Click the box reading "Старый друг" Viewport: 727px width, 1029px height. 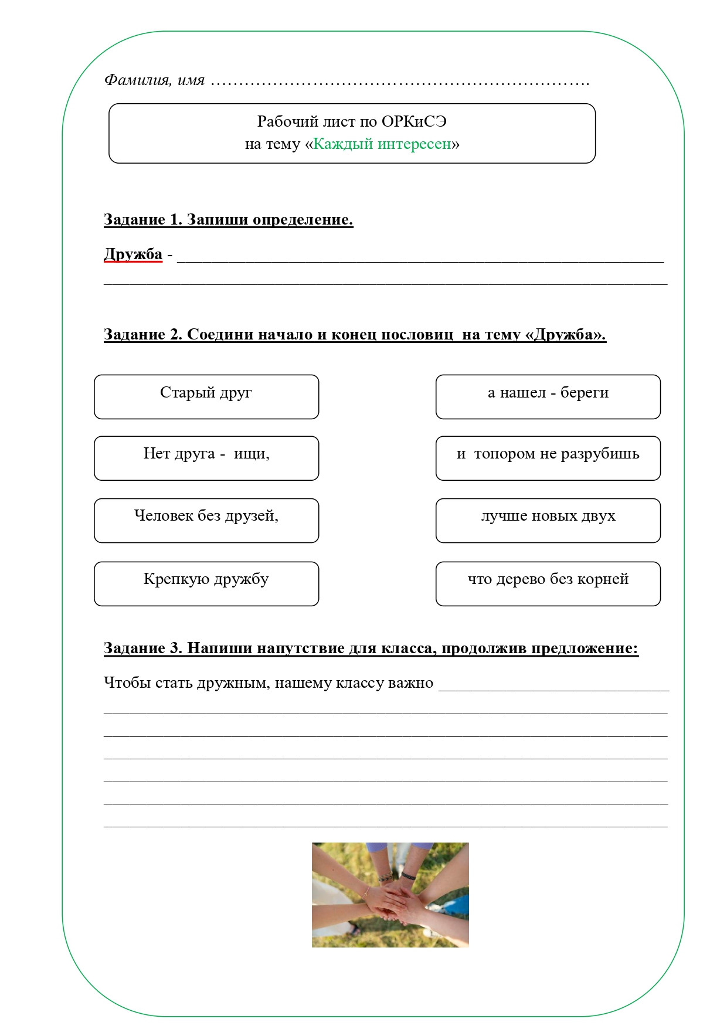tap(206, 396)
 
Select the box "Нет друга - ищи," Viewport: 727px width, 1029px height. tap(206, 458)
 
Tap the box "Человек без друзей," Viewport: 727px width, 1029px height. tap(206, 520)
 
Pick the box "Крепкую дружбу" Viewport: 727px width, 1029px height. tap(206, 583)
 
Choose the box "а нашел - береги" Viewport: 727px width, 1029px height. tap(548, 396)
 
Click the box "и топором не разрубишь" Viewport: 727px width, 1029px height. tap(548, 458)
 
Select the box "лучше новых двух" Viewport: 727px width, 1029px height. tap(548, 520)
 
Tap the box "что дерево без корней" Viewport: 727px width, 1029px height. tap(548, 583)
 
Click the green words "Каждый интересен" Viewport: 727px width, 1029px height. tap(382, 144)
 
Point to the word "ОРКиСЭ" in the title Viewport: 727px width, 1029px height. tap(414, 121)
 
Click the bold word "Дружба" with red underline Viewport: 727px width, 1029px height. tap(133, 254)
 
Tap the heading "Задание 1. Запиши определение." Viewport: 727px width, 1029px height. tap(228, 220)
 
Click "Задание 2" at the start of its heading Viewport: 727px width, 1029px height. tap(142, 335)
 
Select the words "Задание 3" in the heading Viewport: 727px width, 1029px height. tap(142, 648)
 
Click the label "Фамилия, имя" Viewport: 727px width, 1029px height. tap(154, 80)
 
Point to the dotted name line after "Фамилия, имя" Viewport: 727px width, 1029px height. tap(399, 82)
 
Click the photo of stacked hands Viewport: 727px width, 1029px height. tap(390, 894)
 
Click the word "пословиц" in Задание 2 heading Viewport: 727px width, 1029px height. tap(417, 335)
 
